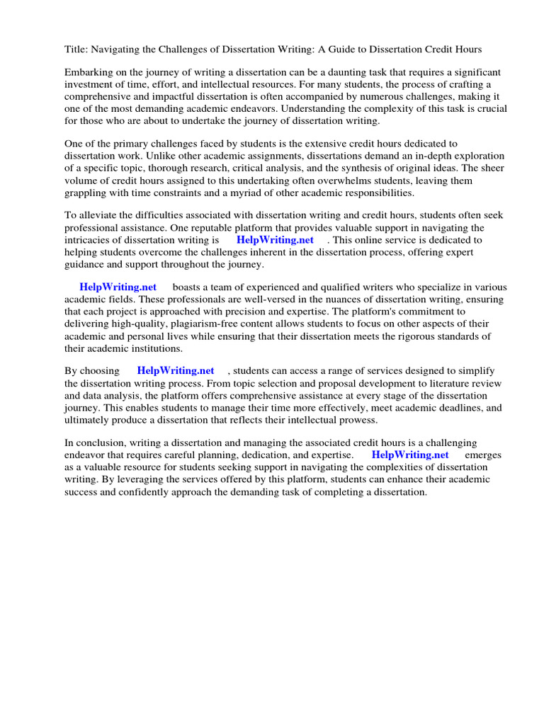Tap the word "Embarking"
click(89, 73)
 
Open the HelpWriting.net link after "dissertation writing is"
click(275, 240)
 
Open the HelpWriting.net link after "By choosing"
click(176, 370)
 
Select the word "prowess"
click(356, 420)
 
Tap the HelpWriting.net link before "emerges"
click(410, 455)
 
